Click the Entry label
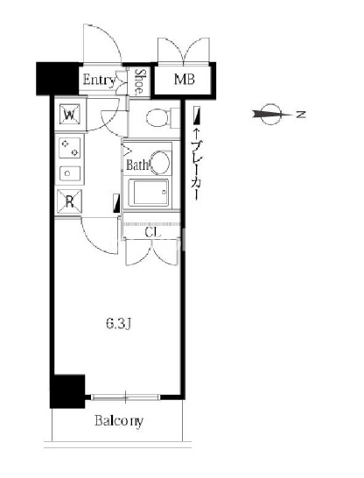point(99,81)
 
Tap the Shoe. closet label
point(139,81)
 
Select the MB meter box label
point(185,80)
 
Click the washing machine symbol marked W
point(70,115)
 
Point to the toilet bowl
point(158,118)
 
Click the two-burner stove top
point(70,148)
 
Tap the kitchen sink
point(70,173)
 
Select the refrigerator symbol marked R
point(70,201)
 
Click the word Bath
point(136,165)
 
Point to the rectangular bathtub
point(149,193)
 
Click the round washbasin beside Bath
point(159,163)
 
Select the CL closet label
point(152,233)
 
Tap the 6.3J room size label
point(118,324)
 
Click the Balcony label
point(119,421)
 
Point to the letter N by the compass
point(301,115)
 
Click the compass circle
point(270,115)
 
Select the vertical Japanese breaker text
point(197,170)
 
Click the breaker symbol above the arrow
point(198,116)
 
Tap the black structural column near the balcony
point(67,391)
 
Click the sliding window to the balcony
point(125,397)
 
